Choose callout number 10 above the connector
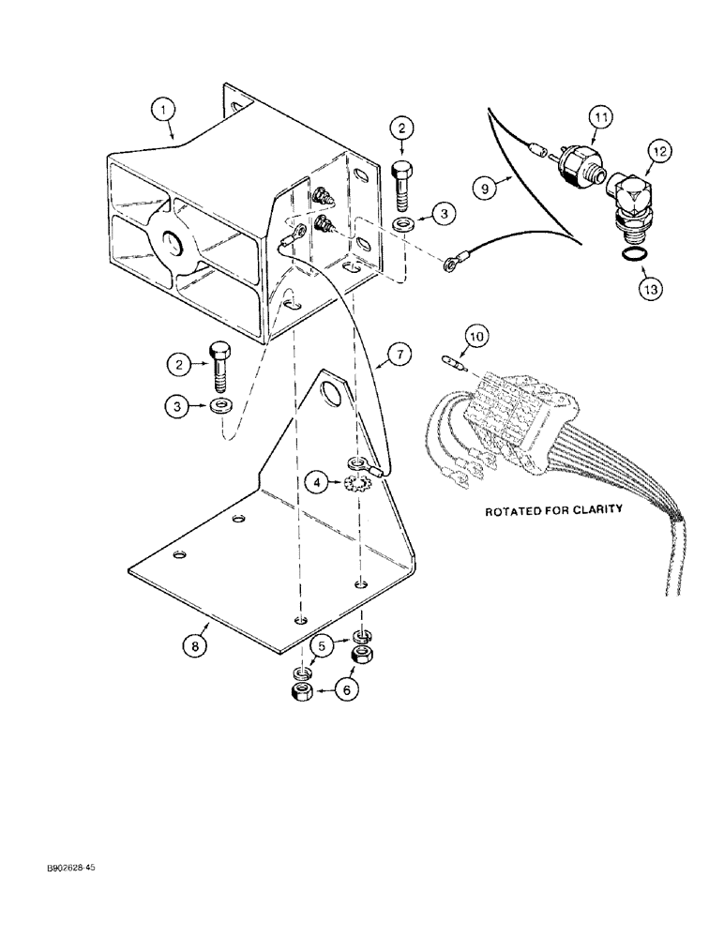476,335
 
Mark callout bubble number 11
601,117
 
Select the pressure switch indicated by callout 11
565,161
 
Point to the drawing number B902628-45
68,869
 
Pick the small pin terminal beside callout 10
454,359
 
